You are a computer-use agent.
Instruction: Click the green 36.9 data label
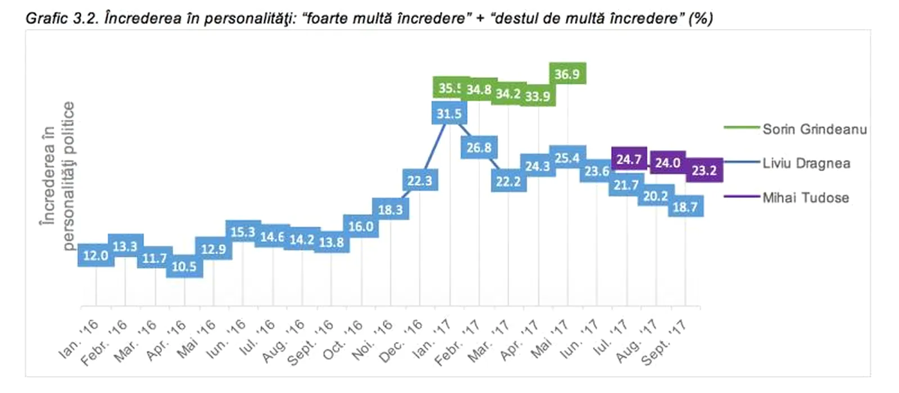pos(567,74)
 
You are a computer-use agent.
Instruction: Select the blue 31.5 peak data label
pos(449,114)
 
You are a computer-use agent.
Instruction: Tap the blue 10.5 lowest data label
pos(184,266)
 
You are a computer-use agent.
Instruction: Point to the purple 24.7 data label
pos(628,159)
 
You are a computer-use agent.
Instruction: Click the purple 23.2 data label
pos(704,170)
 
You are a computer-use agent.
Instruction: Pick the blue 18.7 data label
pos(685,207)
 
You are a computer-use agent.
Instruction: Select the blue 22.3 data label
pos(420,181)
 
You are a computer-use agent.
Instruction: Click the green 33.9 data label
pos(538,96)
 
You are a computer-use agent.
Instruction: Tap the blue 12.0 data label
pos(96,255)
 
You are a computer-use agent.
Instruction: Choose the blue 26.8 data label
pos(479,148)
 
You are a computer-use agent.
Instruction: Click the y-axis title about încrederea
pos(57,175)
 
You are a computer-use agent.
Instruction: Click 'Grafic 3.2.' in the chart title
pos(61,19)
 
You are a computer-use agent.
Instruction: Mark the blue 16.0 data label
pos(361,226)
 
